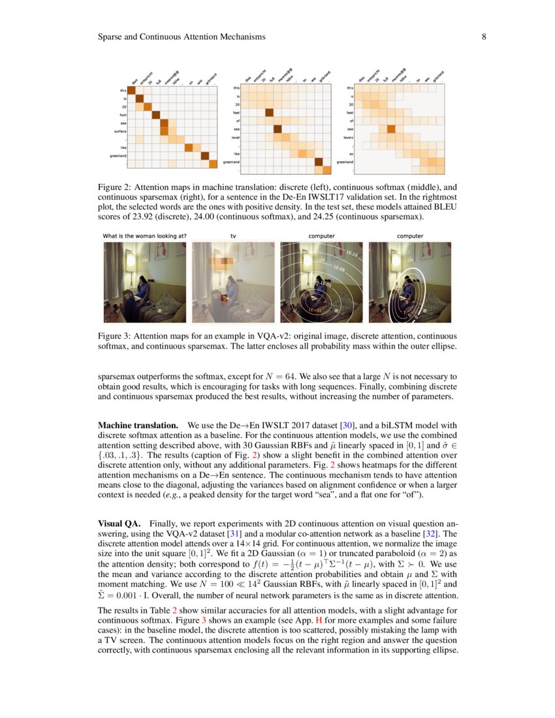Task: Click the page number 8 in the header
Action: (x=484, y=37)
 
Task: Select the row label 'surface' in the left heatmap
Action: (x=119, y=131)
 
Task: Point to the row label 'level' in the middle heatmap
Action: (x=236, y=137)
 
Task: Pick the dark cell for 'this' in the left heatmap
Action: (x=130, y=90)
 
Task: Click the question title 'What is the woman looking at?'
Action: (x=144, y=236)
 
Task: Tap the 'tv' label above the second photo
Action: (x=233, y=236)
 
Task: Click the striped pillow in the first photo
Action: (x=171, y=302)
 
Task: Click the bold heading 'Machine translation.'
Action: (x=138, y=425)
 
